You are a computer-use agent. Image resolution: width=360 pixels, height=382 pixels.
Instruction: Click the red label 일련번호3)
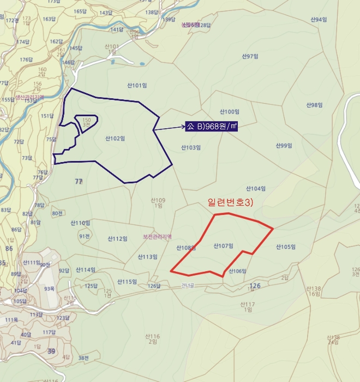(x=231, y=203)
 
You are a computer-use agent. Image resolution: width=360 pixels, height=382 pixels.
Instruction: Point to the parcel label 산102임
(x=116, y=139)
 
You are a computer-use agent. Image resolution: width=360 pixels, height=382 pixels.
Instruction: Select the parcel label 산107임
(x=223, y=246)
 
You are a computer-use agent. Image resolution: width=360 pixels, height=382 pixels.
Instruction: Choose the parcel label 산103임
(x=191, y=147)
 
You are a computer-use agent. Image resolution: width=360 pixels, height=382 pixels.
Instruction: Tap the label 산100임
(x=230, y=111)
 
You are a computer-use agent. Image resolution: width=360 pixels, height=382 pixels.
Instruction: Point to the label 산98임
(x=315, y=105)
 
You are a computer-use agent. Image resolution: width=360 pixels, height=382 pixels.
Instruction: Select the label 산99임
(x=284, y=145)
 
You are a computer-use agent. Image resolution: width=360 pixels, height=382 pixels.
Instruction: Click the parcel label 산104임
(x=255, y=188)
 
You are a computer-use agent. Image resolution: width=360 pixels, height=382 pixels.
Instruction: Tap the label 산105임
(x=285, y=247)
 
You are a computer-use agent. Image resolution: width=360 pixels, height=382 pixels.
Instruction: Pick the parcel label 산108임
(x=185, y=248)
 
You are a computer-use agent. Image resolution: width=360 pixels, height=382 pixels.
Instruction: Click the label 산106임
(x=237, y=271)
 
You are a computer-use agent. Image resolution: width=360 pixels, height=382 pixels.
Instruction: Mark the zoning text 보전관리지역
(x=157, y=237)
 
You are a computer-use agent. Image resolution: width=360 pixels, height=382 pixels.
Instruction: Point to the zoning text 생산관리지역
(x=29, y=97)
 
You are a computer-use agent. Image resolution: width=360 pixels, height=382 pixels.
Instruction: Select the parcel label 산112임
(x=117, y=238)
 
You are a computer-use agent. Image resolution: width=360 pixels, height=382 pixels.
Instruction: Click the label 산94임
(x=319, y=20)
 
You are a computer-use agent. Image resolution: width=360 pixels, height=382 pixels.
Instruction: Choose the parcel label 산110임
(x=80, y=223)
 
